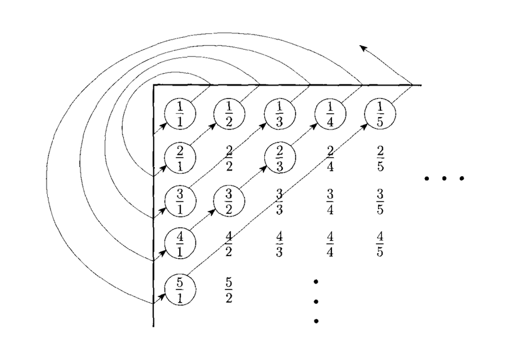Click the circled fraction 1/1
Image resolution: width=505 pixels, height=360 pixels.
pos(180,114)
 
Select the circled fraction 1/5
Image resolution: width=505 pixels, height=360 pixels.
pos(380,114)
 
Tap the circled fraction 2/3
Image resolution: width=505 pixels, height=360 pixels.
pos(280,157)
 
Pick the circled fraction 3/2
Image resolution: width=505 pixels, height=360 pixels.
pos(229,201)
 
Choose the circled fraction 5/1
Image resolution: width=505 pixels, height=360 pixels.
pos(180,290)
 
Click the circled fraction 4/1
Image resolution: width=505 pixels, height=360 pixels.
pos(180,243)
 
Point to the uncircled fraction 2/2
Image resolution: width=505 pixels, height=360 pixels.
pos(229,158)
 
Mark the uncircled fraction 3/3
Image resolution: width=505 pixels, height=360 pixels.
pos(280,202)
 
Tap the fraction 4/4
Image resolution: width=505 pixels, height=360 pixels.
pos(330,244)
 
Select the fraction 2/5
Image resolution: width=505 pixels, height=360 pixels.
pos(380,158)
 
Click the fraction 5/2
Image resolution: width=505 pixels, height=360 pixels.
pos(229,290)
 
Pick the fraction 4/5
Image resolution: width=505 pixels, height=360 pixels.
pos(380,244)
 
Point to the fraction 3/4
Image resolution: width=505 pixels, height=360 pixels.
pos(330,202)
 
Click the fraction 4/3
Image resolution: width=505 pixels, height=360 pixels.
pos(280,244)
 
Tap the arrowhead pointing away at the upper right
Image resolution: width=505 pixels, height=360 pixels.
pos(363,48)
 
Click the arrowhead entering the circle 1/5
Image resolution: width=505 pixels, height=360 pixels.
pos(364,126)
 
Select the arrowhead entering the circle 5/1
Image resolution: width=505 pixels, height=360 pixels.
pos(162,296)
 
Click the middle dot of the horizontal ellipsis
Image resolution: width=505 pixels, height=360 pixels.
pos(444,178)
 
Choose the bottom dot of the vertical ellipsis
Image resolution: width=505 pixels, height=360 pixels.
pos(316,321)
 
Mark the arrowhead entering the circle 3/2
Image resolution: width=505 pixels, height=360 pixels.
pos(212,212)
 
